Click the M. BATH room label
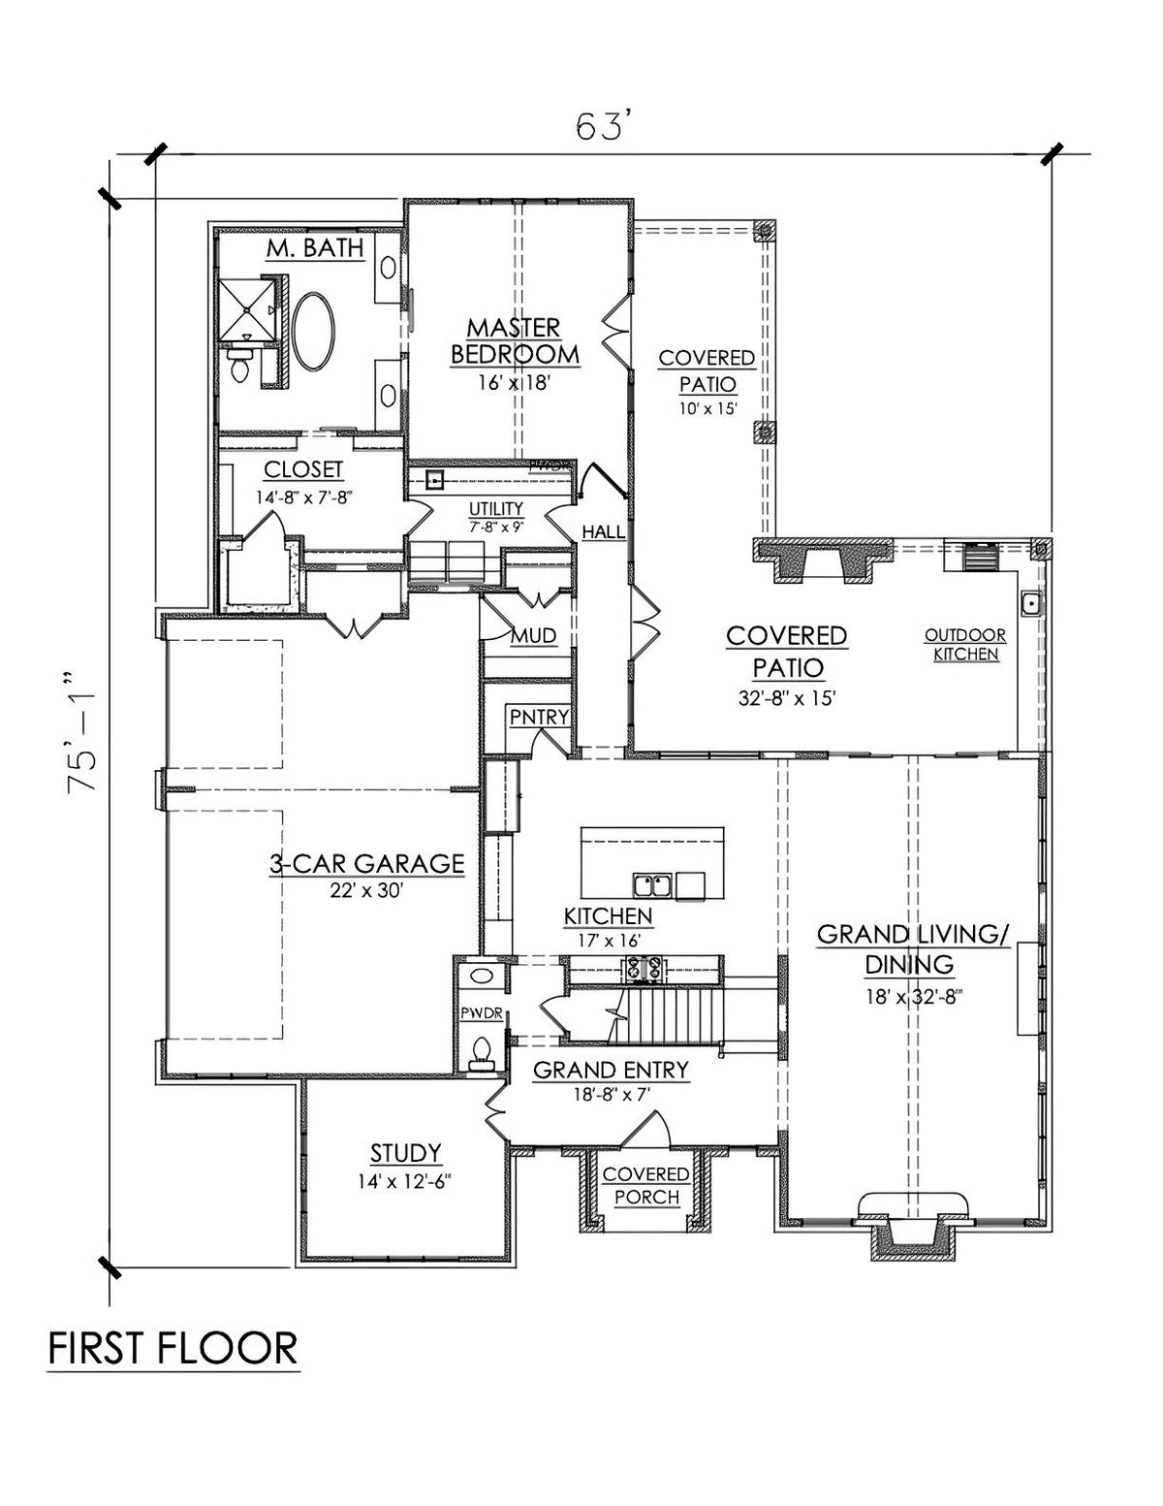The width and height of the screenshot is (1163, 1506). pos(315,248)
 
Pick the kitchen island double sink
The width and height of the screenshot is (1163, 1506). pos(651,883)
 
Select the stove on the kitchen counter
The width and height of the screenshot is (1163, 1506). pos(617,967)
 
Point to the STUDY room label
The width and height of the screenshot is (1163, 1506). pos(405,1152)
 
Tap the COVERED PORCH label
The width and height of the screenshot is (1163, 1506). pos(646,1185)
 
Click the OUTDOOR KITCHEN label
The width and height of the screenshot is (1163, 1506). pos(964,645)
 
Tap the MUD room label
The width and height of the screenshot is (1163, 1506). pos(533,636)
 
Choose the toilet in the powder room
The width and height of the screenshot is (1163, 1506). pos(480,1051)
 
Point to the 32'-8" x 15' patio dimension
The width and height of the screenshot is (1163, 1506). pos(785,696)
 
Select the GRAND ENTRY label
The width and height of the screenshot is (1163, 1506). pos(611,1070)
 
